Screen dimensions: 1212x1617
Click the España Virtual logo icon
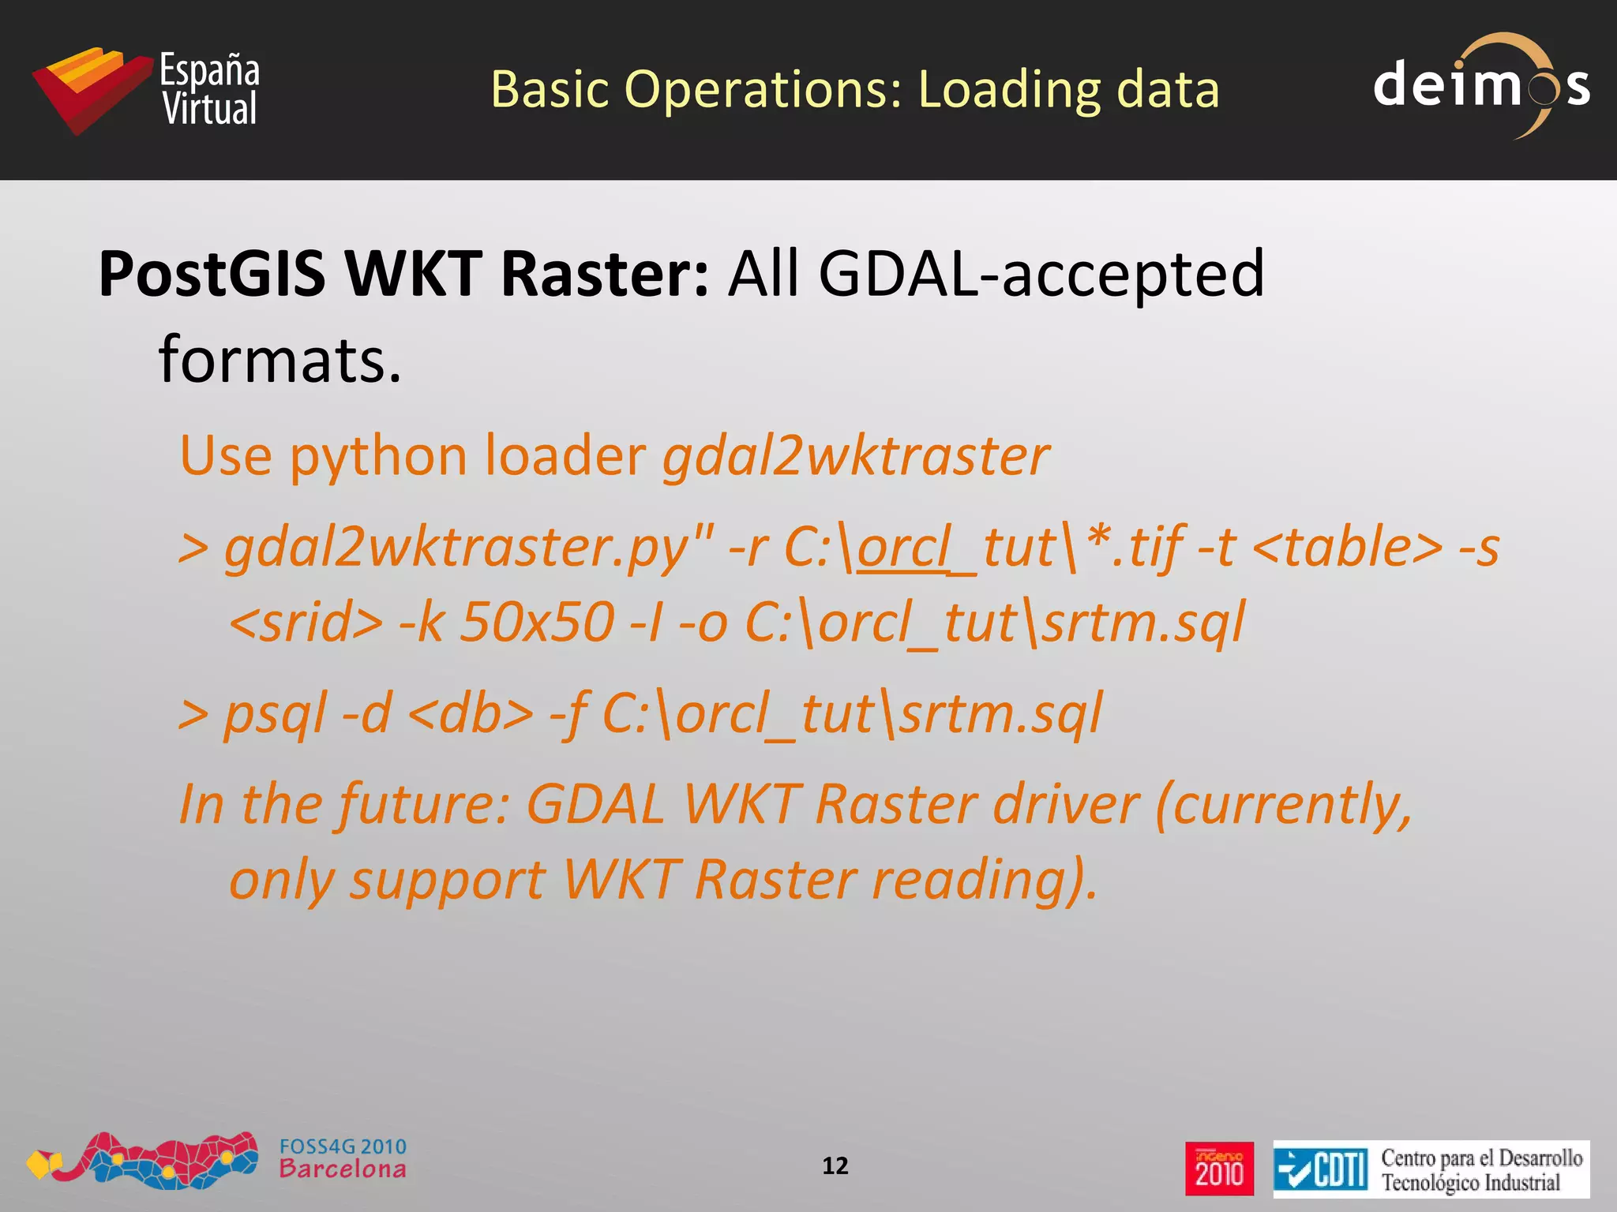point(91,89)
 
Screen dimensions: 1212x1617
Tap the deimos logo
point(1481,86)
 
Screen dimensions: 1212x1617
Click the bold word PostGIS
point(212,274)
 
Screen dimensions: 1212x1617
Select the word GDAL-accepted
point(1041,274)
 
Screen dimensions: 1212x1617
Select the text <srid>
point(306,623)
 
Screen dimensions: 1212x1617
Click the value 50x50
point(537,623)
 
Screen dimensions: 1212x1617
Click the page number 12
point(835,1166)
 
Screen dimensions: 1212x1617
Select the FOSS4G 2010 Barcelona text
point(343,1158)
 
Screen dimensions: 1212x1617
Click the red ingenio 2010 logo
point(1219,1169)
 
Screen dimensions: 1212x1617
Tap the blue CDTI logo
point(1320,1169)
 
